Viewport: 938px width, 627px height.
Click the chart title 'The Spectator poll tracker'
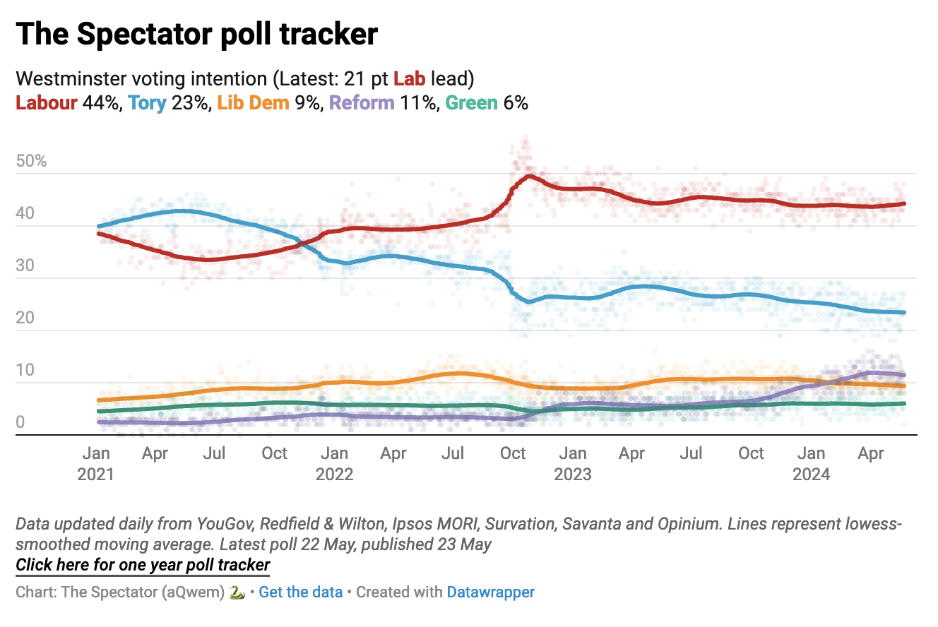196,34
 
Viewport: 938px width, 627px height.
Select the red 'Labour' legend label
46,102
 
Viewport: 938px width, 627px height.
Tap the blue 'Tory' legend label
147,102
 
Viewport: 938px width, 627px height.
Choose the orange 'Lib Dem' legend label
253,102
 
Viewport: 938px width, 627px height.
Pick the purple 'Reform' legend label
362,102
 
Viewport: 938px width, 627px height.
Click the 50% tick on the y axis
31,162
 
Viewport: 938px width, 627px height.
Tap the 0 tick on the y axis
20,423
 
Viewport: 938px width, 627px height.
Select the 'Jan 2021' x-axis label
95,463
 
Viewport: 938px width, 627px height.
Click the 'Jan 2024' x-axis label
812,463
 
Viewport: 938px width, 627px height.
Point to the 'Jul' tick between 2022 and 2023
453,453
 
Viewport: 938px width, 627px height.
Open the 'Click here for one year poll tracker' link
143,565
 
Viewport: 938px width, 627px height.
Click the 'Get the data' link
300,592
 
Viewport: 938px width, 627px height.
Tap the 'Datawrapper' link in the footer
490,592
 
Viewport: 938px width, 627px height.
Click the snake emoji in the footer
237,592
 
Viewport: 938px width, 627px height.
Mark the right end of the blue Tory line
904,312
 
